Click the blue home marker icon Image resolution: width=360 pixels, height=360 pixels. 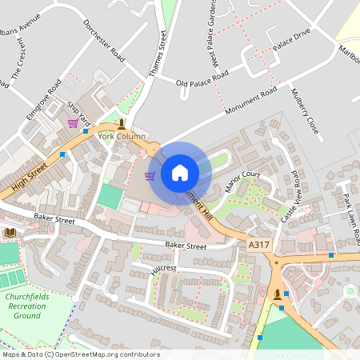pos(180,172)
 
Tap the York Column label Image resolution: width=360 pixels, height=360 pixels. pos(122,136)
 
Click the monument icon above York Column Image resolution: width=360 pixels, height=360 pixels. pos(121,123)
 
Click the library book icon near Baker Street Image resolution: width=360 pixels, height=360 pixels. pos(10,232)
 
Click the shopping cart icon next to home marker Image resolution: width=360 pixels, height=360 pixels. pos(149,176)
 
